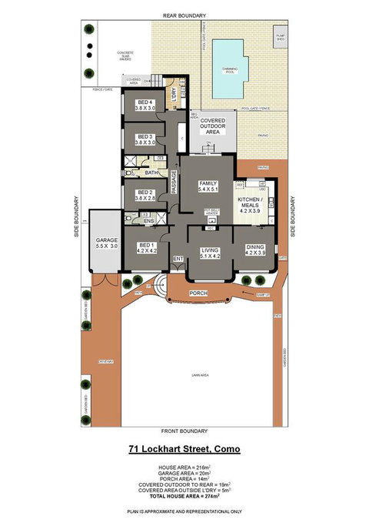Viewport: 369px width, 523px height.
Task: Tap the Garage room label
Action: pyautogui.click(x=106, y=243)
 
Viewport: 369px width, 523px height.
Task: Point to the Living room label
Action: pyautogui.click(x=210, y=253)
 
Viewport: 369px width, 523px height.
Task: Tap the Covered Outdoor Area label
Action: pyautogui.click(x=211, y=127)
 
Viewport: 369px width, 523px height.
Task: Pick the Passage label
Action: pyautogui.click(x=174, y=183)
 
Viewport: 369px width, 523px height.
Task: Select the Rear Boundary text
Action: pyautogui.click(x=184, y=15)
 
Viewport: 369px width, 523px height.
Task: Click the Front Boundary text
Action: pyautogui.click(x=184, y=430)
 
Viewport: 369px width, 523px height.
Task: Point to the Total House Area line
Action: pyautogui.click(x=184, y=497)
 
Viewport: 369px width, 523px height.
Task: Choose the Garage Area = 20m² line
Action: pyautogui.click(x=184, y=474)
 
